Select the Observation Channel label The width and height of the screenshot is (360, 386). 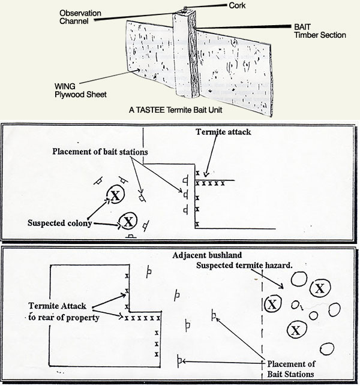pos(83,16)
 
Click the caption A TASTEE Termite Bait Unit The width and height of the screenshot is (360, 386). pos(180,110)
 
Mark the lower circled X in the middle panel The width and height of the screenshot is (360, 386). pos(128,221)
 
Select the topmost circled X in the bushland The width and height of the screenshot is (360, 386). pos(319,288)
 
